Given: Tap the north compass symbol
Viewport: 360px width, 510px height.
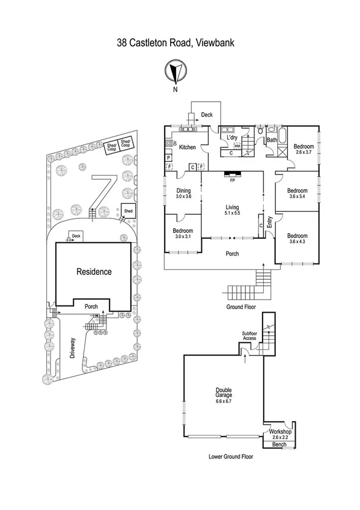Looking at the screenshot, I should [x=175, y=72].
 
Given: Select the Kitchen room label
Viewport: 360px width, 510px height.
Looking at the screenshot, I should [x=188, y=147].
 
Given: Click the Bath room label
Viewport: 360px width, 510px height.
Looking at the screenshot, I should [x=272, y=140].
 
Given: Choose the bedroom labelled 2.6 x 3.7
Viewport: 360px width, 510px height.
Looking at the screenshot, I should [x=304, y=149].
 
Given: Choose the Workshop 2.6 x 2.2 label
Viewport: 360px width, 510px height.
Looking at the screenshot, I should [x=280, y=434].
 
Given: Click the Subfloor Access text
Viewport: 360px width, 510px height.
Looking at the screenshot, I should [x=249, y=336].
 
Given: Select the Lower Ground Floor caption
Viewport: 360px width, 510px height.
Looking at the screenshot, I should [x=231, y=456].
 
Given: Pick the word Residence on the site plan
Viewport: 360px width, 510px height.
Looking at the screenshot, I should [x=94, y=272].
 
